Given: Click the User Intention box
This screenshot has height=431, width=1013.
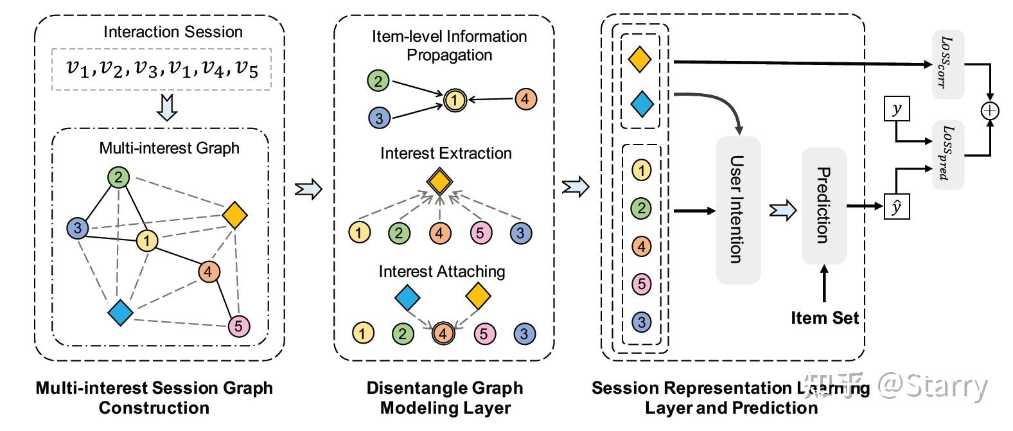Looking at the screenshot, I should coord(738,210).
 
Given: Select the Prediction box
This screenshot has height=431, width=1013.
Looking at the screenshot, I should coord(824,206).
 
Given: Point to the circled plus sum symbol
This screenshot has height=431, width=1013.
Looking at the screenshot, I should coord(991,110).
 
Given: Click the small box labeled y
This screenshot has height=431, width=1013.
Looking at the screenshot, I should coord(897,109).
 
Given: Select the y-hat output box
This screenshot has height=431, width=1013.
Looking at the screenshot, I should coord(897,207).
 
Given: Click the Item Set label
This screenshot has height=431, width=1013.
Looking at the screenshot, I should coord(824,318).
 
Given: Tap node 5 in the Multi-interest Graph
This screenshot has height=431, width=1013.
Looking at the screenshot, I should coord(239,326).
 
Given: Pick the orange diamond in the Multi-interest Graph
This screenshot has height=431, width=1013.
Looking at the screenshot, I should coord(234,215).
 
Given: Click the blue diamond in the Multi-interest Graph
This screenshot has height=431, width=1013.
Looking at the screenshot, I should coord(120,312).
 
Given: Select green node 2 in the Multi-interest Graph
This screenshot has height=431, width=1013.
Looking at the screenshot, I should coord(118,177).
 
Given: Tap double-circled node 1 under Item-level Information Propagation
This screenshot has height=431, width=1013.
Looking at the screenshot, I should coord(454,100).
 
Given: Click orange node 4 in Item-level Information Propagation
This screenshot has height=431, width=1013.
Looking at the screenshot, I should coord(525,99).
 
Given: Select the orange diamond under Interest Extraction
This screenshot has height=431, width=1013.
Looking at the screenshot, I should coord(438,182).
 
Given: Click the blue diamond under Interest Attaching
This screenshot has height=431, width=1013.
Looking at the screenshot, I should coord(407,297).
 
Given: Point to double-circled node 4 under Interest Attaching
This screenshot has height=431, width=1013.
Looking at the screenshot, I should coord(443,333).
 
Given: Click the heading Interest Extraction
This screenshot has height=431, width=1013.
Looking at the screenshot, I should coord(446,154).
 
